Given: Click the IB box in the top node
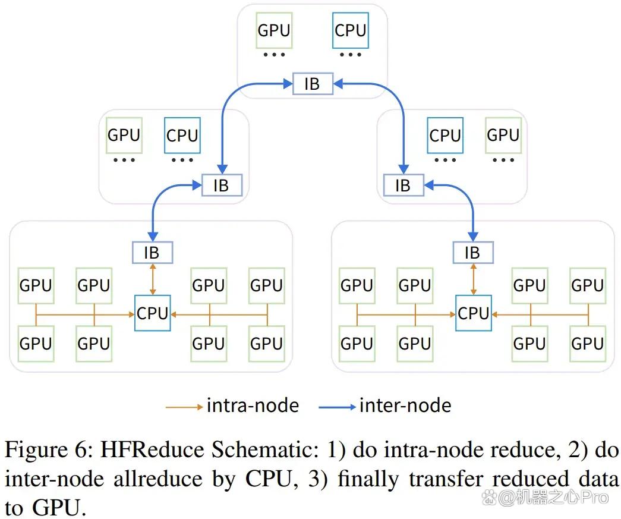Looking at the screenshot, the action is click(x=313, y=84).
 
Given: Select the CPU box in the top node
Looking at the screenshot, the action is click(x=351, y=30).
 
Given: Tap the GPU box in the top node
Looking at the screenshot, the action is click(x=274, y=30).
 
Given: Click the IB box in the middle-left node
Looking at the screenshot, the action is click(x=222, y=185).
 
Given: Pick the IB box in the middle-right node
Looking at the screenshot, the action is click(x=404, y=185).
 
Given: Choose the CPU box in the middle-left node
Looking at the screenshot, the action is click(x=182, y=136).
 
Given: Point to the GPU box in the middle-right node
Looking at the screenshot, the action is click(x=503, y=136).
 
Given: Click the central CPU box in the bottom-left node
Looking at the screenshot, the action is click(x=153, y=313).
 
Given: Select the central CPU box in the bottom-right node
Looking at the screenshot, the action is click(x=473, y=313).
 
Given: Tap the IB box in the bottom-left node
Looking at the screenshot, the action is click(x=153, y=253).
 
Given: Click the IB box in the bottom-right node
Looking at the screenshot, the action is click(x=473, y=253).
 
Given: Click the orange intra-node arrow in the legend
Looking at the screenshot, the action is click(x=184, y=407).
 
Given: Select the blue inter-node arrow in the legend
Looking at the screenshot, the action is click(x=337, y=407).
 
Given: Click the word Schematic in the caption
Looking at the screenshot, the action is click(x=265, y=449).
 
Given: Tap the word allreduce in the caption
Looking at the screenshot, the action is click(x=158, y=479).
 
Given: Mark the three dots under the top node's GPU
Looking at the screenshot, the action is click(x=274, y=55).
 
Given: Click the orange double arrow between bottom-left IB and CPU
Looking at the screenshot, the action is click(x=153, y=279).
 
